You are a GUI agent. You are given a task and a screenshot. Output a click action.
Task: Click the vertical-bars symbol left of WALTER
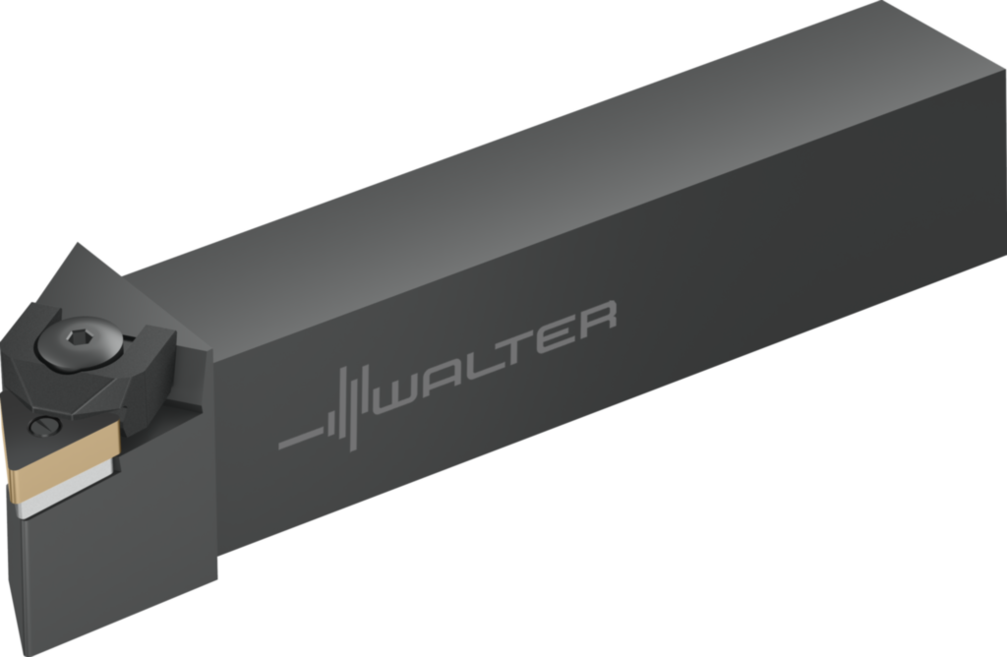tap(350, 403)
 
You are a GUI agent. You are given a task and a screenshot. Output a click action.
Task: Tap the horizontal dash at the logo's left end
tap(301, 438)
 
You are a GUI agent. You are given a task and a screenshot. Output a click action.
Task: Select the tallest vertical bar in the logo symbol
tap(350, 403)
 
